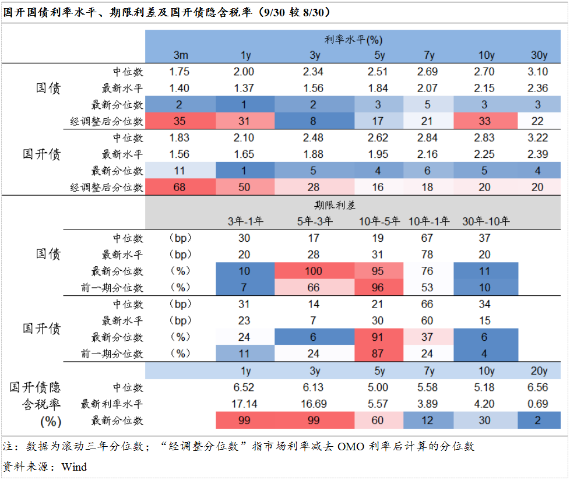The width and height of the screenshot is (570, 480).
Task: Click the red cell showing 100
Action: [x=314, y=271]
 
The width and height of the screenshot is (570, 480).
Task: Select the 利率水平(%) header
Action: [x=353, y=40]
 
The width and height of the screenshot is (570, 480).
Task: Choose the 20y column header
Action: [x=539, y=371]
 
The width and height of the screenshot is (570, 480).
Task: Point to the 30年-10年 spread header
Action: [x=485, y=221]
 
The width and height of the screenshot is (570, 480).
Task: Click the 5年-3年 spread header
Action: [x=314, y=221]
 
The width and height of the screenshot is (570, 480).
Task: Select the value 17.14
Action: [x=246, y=404]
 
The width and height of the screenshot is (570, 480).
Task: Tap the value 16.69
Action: [x=314, y=404]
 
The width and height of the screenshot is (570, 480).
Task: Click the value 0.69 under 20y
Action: [x=539, y=404]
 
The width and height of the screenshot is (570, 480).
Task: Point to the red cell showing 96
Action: [x=379, y=288]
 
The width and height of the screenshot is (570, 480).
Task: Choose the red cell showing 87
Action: [x=379, y=354]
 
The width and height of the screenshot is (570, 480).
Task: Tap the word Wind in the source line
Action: [x=74, y=467]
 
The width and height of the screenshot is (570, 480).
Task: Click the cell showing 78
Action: [x=429, y=255]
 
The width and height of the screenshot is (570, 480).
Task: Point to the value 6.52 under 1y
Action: [x=246, y=387]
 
